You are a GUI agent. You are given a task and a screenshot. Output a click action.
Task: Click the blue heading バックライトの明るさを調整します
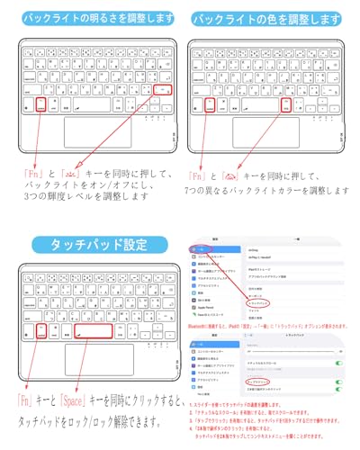89,18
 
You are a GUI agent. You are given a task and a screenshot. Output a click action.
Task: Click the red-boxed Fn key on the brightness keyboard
42,105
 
